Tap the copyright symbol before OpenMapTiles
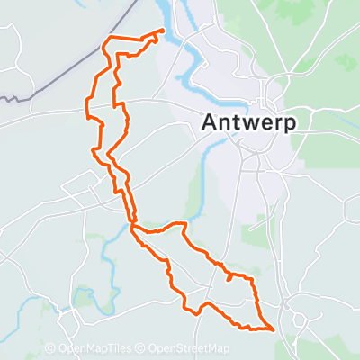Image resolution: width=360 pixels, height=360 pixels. pyautogui.click(x=49, y=349)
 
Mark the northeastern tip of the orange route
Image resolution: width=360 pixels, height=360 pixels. pyautogui.click(x=163, y=31)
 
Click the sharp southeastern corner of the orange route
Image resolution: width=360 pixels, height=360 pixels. pyautogui.click(x=273, y=329)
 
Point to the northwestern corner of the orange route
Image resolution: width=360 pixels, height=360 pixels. pyautogui.click(x=109, y=40)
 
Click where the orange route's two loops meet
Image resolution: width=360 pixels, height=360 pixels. pyautogui.click(x=132, y=224)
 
